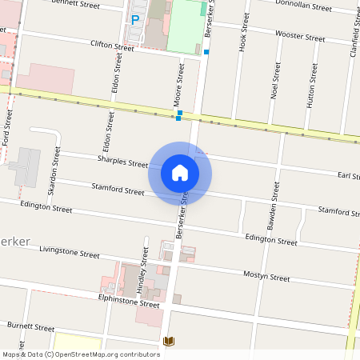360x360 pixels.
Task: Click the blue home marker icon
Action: (180, 172)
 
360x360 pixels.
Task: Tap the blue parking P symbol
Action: (135, 19)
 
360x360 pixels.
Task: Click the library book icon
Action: (168, 342)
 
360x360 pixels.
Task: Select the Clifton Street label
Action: (112, 46)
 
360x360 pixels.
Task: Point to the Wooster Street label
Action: (300, 37)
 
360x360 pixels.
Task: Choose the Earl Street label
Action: (348, 175)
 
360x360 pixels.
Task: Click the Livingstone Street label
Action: (70, 252)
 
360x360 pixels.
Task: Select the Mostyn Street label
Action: (266, 277)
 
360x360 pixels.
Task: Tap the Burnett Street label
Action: (30, 326)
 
